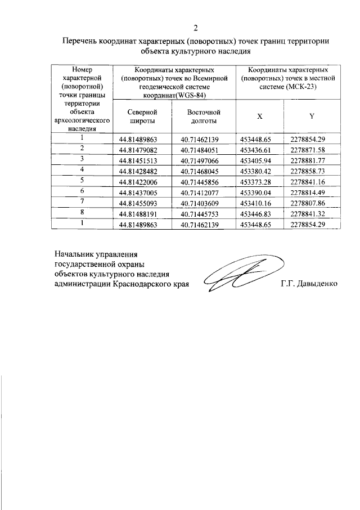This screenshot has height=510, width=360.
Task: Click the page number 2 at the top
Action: [196, 28]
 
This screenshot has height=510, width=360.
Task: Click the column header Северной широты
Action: [142, 116]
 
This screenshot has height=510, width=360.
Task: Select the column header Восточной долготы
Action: [204, 116]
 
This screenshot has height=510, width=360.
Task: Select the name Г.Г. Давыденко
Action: [309, 284]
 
